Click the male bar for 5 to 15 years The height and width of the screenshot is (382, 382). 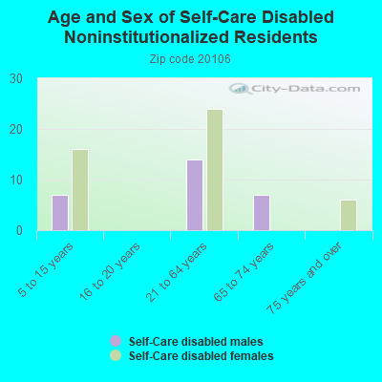(x=60, y=213)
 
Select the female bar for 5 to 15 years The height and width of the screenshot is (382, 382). (x=80, y=190)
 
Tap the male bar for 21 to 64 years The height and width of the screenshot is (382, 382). (x=195, y=195)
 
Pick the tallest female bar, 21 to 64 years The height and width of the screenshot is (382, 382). (x=215, y=170)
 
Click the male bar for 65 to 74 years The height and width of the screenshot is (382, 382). (x=262, y=213)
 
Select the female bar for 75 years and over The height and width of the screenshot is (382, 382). (x=349, y=215)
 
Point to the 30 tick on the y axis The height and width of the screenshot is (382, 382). (x=16, y=79)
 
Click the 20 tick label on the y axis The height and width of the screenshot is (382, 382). (x=16, y=130)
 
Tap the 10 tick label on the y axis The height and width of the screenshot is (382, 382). (x=16, y=180)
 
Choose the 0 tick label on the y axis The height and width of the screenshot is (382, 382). (x=19, y=231)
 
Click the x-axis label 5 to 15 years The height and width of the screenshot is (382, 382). (x=46, y=270)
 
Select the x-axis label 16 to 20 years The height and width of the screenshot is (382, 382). (x=110, y=271)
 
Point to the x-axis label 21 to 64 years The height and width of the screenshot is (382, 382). (x=177, y=271)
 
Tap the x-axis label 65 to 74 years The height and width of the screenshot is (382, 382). (x=244, y=271)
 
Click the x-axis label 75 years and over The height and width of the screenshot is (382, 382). (x=305, y=278)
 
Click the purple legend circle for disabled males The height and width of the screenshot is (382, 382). (x=116, y=341)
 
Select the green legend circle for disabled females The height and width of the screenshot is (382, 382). (x=116, y=355)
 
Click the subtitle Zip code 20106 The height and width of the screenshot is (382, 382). (x=190, y=59)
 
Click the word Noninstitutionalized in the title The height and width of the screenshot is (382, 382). (x=147, y=37)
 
